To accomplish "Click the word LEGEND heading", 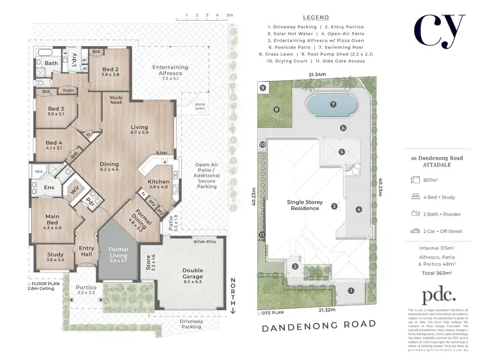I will pyautogui.click(x=313, y=17).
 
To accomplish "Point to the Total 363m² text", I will pyautogui.click(x=435, y=273).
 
